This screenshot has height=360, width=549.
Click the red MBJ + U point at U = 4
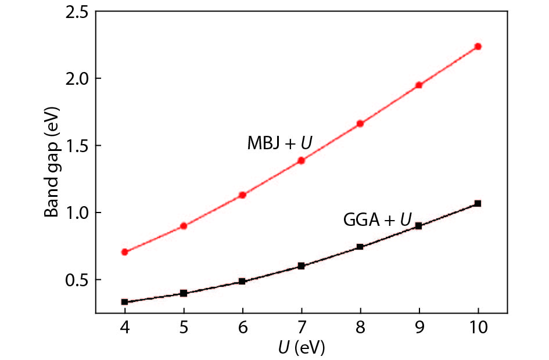click(125, 252)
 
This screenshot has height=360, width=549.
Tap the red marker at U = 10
click(478, 46)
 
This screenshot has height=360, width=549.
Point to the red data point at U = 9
click(419, 85)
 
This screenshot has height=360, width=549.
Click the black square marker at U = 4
click(125, 302)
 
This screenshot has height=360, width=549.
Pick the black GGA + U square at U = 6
click(242, 282)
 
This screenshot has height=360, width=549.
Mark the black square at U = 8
click(360, 247)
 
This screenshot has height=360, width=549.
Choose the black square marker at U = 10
click(478, 203)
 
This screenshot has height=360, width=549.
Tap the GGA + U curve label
click(377, 219)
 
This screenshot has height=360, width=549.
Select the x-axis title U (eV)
click(300, 348)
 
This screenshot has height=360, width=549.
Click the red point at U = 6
click(242, 195)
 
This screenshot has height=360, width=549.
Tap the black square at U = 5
click(184, 293)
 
